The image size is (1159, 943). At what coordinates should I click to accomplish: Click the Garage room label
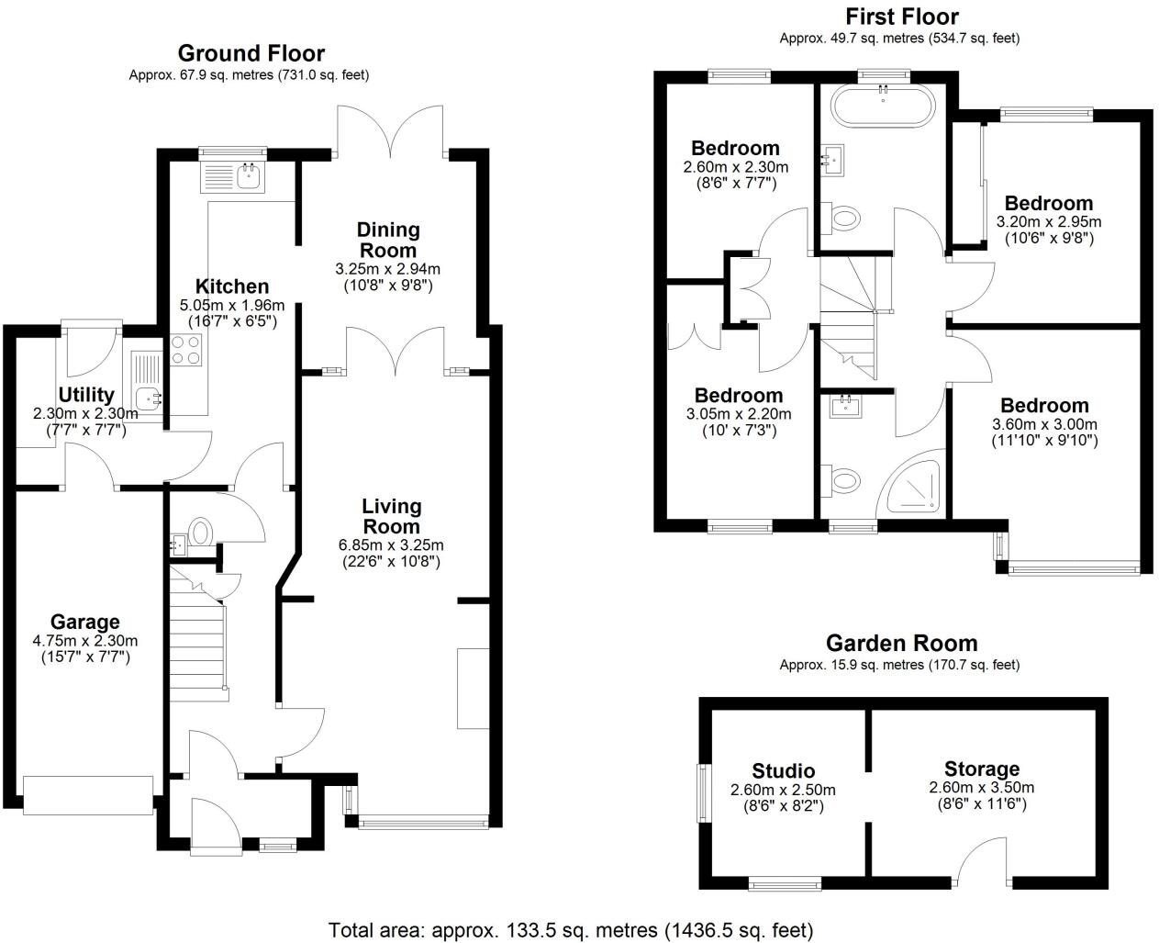coord(84,623)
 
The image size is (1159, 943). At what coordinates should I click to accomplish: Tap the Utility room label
coord(86,395)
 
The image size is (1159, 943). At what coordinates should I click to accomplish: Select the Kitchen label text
coord(232,286)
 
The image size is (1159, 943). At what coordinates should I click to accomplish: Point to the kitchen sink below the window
coord(248,175)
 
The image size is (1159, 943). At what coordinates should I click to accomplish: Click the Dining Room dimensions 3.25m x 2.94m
coord(387,269)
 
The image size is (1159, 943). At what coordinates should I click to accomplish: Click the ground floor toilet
coord(200,532)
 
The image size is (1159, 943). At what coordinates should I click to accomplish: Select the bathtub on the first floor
coord(883,107)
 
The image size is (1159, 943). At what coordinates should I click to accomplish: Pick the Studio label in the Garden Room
coord(783,770)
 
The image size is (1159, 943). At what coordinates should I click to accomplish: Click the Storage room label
coord(982,769)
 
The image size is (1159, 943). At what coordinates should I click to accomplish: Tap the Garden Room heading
coord(901,643)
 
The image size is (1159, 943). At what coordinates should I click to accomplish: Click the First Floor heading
coord(901,17)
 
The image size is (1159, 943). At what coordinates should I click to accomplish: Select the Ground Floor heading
coord(251,53)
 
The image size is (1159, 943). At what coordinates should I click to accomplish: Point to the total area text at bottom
coord(570,929)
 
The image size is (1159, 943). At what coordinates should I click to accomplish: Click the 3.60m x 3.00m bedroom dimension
coord(1044,424)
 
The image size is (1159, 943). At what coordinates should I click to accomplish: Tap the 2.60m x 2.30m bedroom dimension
coord(735,167)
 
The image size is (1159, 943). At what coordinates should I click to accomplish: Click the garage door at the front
coord(88,795)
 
